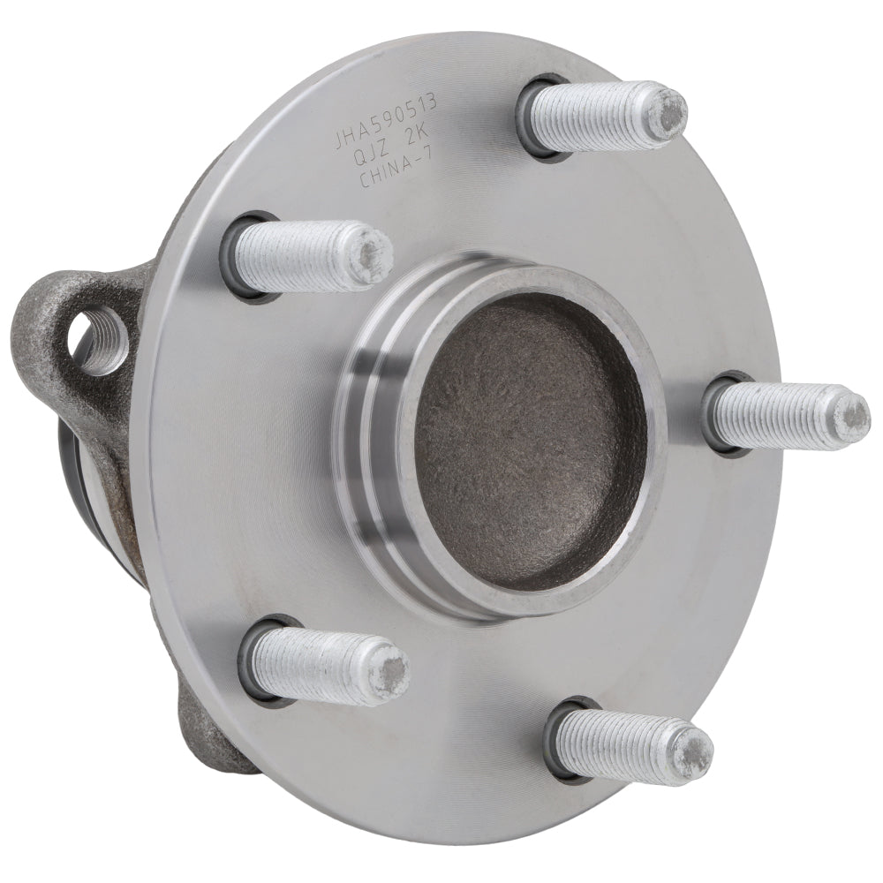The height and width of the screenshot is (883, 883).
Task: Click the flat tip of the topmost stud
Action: [668, 115]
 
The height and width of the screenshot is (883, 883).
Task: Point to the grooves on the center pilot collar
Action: [371, 424]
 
